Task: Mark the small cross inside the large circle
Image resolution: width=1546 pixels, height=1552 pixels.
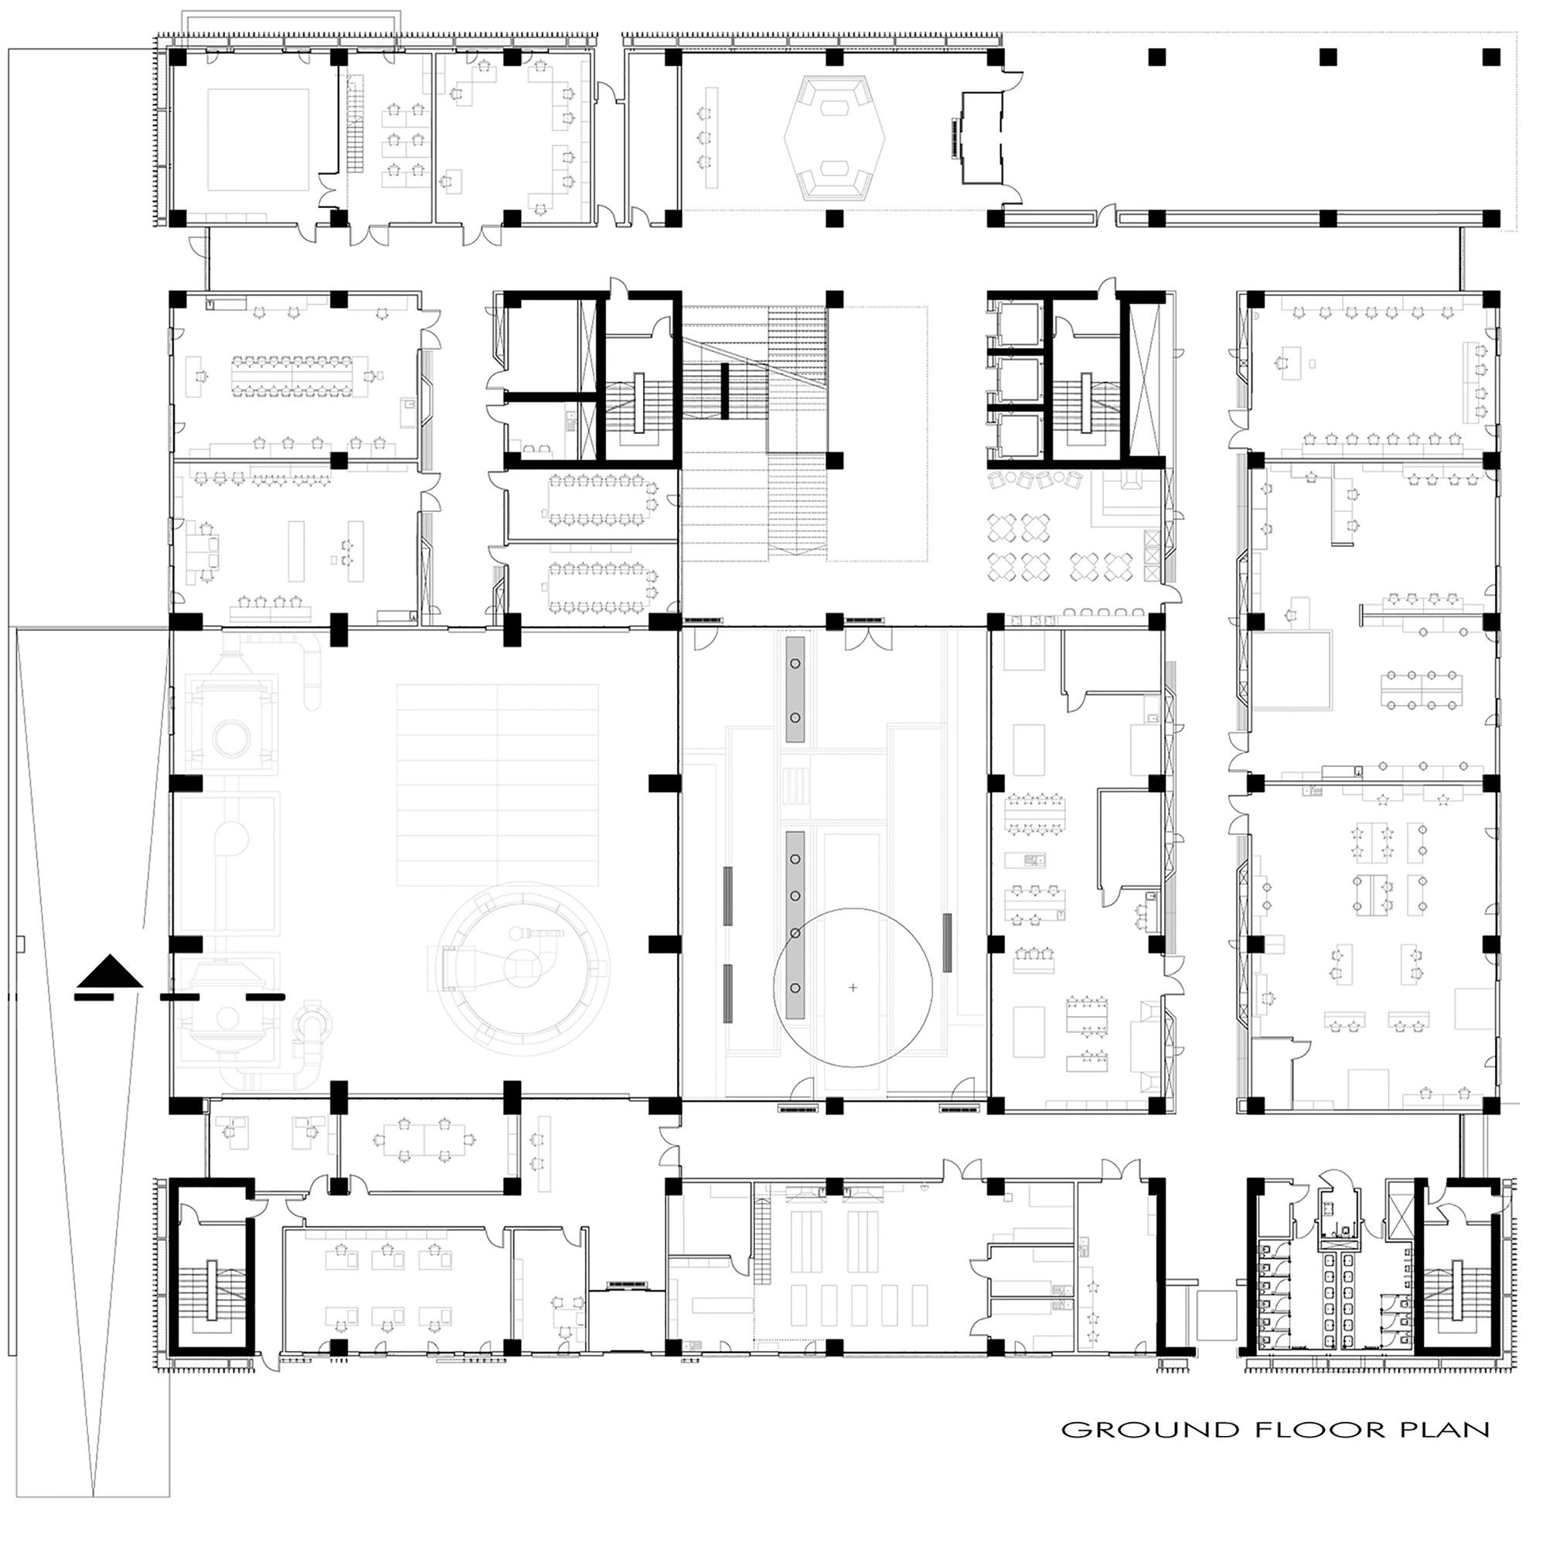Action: pyautogui.click(x=853, y=987)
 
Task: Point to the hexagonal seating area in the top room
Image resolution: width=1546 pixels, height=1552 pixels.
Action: pyautogui.click(x=833, y=140)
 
